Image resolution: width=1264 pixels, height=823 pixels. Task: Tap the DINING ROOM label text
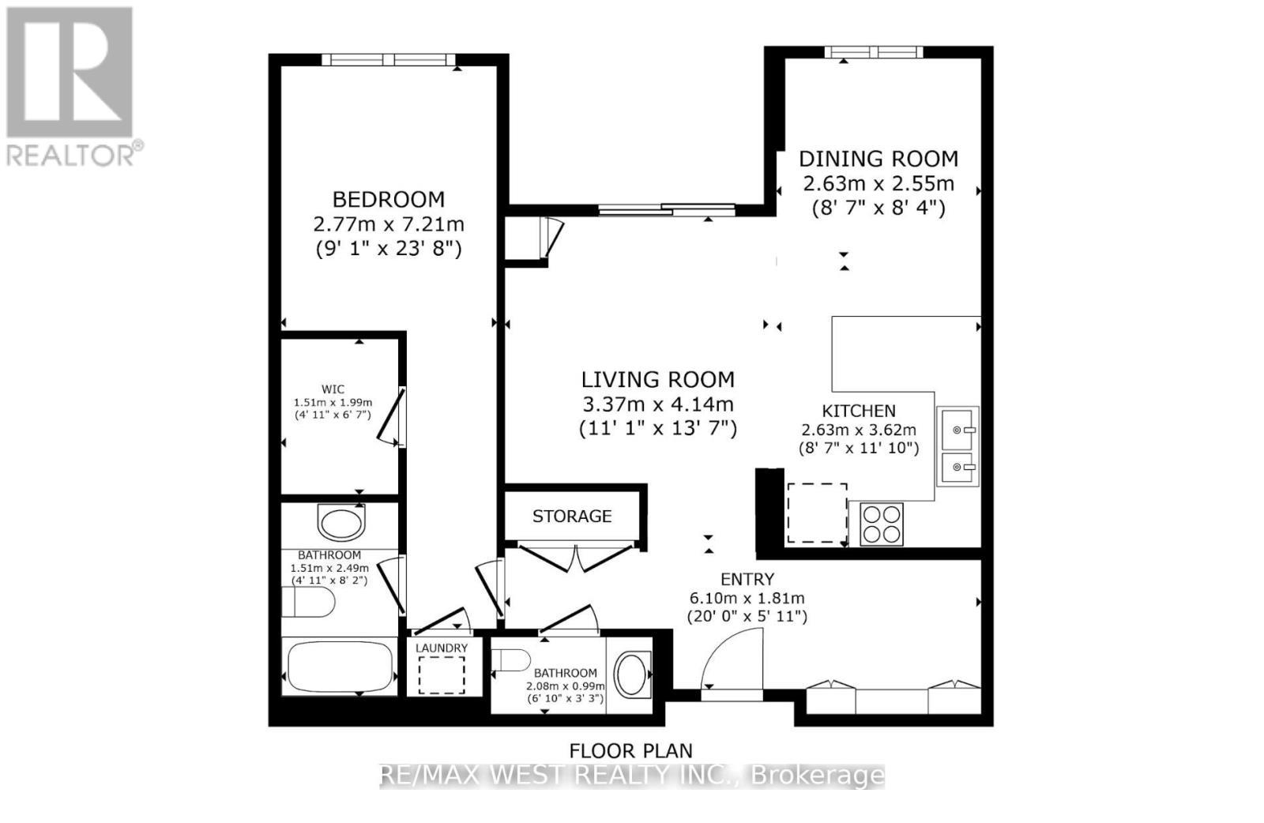pos(878,159)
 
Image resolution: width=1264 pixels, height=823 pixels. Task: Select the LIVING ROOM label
pos(657,379)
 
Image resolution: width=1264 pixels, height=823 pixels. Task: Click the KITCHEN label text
pos(859,411)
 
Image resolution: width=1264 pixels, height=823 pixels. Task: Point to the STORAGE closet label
pos(572,517)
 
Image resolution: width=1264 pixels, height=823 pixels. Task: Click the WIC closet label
pos(333,389)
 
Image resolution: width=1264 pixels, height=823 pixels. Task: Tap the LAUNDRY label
pos(442,648)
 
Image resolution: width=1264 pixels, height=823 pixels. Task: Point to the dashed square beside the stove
pos(817,513)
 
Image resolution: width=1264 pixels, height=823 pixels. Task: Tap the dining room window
pos(873,52)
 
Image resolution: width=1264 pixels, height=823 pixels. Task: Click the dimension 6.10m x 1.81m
pos(747,599)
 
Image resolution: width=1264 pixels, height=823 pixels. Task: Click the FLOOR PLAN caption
pos(630,750)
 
